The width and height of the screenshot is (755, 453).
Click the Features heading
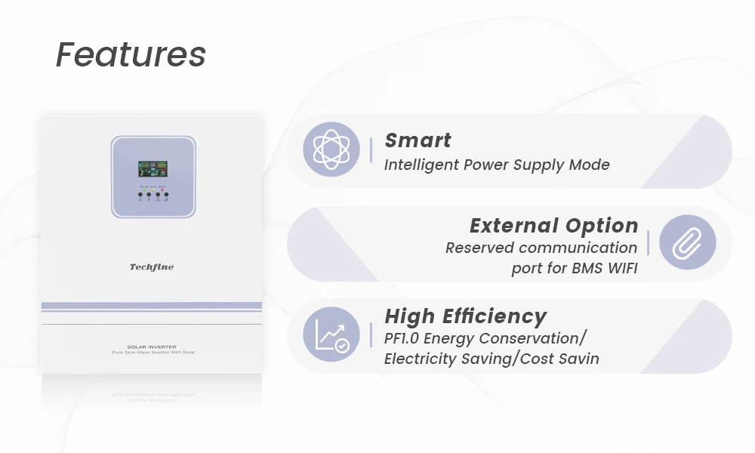(x=131, y=55)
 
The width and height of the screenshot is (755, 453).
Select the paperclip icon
(x=687, y=242)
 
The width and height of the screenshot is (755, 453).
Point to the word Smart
(x=418, y=140)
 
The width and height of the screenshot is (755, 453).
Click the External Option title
(x=553, y=225)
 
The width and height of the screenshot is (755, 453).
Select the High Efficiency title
(x=465, y=316)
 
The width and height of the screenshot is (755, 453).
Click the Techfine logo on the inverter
(x=152, y=267)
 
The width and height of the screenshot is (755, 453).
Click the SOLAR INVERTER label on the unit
(x=153, y=347)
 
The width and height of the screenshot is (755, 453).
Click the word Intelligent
(x=422, y=165)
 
